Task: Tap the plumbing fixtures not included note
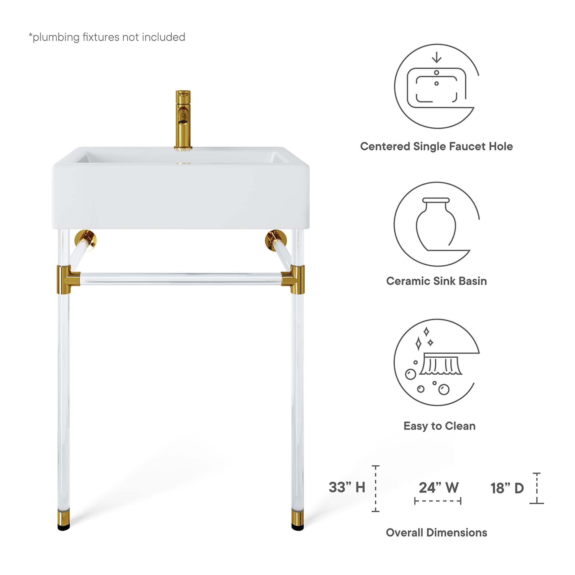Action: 107,37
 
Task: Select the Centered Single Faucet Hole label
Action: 436,146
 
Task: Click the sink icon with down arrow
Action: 436,86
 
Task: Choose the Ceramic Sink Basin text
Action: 436,281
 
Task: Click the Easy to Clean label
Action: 439,426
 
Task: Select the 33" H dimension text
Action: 347,488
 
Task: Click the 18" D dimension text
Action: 507,488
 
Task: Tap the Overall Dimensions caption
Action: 436,532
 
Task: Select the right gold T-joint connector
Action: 295,279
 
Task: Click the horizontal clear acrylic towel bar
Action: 181,279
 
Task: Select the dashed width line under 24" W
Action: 438,501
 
